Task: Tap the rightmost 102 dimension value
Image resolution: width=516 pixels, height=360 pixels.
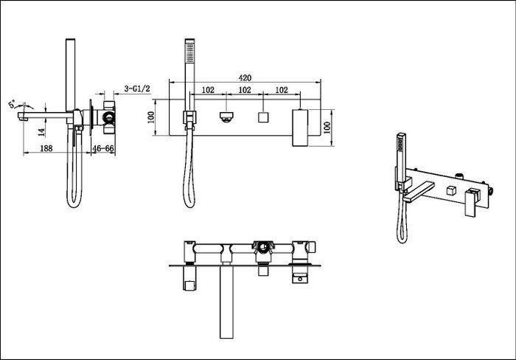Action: (x=281, y=90)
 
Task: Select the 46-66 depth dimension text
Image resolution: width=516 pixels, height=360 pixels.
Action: (x=103, y=148)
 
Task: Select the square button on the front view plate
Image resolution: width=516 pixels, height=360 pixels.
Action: (x=262, y=117)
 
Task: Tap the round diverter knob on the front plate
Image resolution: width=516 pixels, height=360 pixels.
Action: (x=226, y=116)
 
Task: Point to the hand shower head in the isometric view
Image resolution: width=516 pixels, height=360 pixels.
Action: (x=402, y=142)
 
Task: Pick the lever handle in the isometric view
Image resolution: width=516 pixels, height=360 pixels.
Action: (x=472, y=200)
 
